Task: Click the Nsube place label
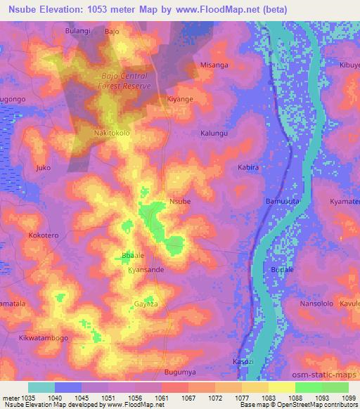[x=180, y=202]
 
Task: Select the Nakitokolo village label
[x=112, y=132]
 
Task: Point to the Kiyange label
[x=179, y=99]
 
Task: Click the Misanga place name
[x=214, y=65]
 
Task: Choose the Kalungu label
[x=214, y=133]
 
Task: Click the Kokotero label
[x=44, y=235]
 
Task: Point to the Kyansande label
[x=146, y=270]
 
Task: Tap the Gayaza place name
[x=146, y=304]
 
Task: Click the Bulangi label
[x=78, y=32]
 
